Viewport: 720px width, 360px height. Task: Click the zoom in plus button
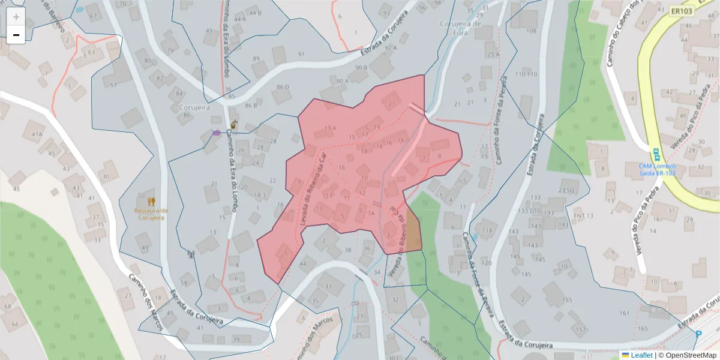(16, 17)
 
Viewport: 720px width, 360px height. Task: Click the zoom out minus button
(16, 35)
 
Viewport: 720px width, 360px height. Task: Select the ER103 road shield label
(683, 11)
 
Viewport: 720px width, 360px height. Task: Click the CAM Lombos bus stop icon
(656, 153)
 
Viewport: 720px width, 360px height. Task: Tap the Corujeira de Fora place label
(461, 28)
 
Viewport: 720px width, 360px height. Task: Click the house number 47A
(37, 134)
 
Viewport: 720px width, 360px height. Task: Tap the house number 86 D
(283, 88)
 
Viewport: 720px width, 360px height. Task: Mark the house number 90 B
(361, 68)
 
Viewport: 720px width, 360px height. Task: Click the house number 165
(643, 328)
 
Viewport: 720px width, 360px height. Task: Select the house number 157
(580, 329)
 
